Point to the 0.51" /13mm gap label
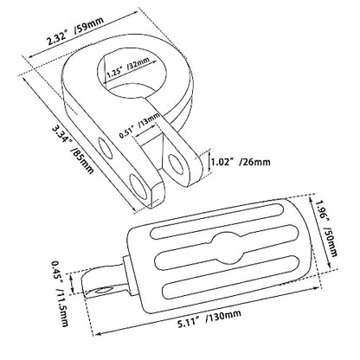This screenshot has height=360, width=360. coord(139,125)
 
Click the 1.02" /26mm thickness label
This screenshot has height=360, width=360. coord(241,162)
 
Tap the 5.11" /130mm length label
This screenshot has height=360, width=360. coord(209,318)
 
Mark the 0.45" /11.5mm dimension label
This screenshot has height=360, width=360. coord(60,293)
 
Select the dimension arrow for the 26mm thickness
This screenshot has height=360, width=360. coord(209,164)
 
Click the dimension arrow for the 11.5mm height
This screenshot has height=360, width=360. coord(73,283)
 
